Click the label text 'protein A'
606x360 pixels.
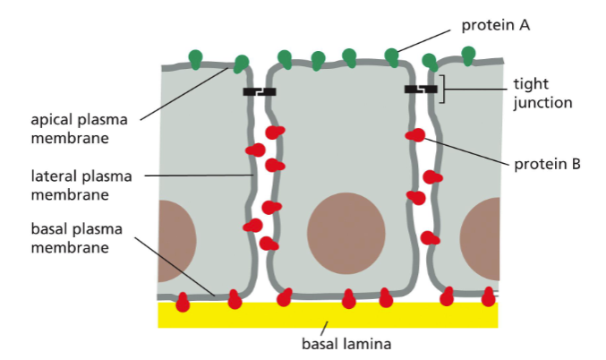[x=496, y=25]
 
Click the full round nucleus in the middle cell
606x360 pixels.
[x=346, y=231]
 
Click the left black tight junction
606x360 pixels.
[x=260, y=91]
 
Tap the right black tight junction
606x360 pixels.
[x=421, y=90]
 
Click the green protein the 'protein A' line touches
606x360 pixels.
[x=391, y=57]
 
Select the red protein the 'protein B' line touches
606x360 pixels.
[x=415, y=135]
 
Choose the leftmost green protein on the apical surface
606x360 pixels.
[x=195, y=59]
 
